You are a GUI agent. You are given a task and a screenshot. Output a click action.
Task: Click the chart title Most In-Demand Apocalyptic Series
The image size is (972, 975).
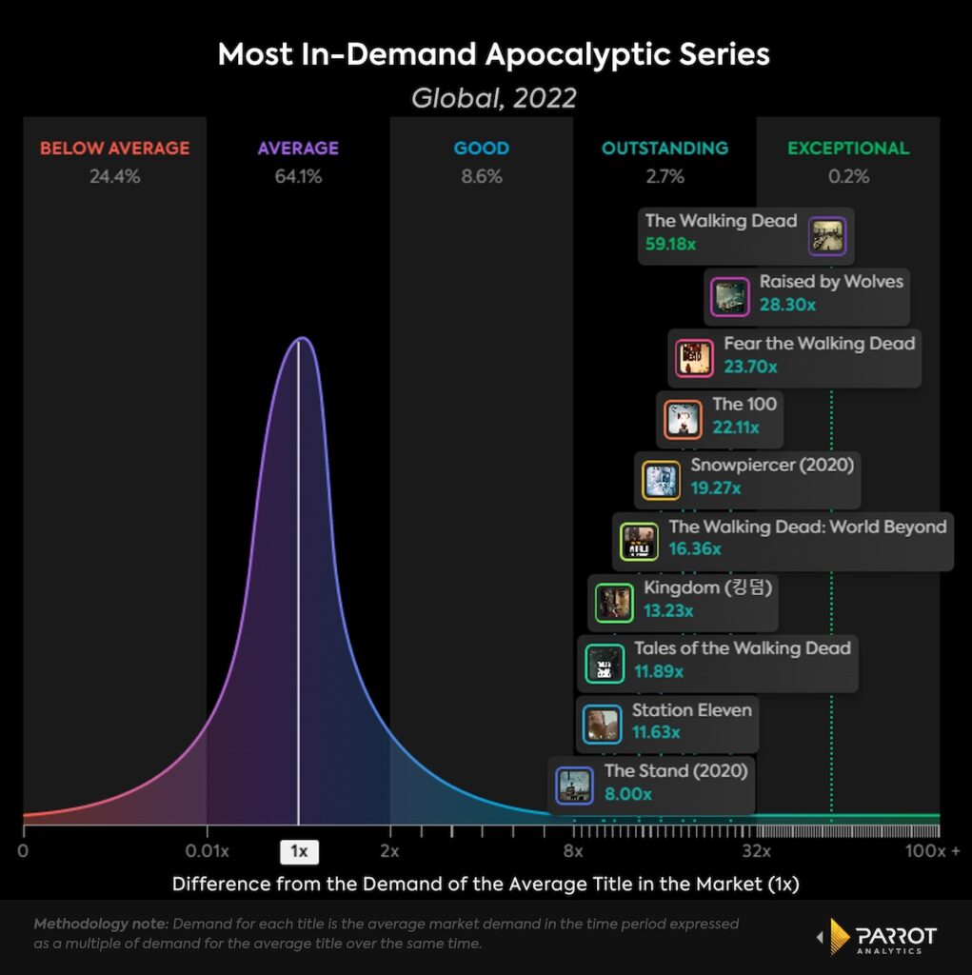point(493,54)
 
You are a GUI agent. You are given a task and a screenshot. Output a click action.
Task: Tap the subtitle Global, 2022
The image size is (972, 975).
point(493,98)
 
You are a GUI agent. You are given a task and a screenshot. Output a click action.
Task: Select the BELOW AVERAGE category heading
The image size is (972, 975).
point(114,149)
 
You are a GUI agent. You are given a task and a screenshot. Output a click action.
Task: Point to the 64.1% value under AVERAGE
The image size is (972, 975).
point(298,176)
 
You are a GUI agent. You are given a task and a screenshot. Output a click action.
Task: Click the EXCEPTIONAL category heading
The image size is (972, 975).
point(848,149)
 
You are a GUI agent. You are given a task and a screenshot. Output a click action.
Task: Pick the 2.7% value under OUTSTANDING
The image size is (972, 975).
point(665,176)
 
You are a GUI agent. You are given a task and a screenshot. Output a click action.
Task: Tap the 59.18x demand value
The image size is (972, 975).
point(670,245)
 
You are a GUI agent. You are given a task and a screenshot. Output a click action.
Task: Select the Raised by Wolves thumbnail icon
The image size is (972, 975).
point(730,297)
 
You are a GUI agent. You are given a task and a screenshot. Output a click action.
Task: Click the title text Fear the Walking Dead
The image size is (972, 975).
point(819,344)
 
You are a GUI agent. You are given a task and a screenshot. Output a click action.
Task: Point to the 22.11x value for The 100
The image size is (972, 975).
point(736,428)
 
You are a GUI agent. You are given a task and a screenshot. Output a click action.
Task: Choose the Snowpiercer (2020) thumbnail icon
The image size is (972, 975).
point(661,481)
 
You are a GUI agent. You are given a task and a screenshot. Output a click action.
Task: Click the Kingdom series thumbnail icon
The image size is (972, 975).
point(614,603)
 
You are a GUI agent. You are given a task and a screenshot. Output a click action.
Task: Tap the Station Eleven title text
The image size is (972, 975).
point(691,710)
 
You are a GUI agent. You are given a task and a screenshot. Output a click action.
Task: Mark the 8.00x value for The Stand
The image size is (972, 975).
point(628,794)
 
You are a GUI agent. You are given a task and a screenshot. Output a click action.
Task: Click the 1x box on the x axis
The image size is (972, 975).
point(299,851)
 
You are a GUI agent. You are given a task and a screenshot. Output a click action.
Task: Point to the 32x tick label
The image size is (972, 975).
point(757,851)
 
